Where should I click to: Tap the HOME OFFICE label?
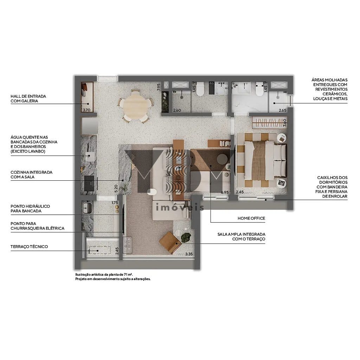pos(251,219)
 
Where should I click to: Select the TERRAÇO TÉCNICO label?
pos(29,247)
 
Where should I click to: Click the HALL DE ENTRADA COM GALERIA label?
pos(28,98)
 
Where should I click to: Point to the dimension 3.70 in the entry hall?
pos(86,110)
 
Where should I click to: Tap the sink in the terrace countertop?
pos(87,207)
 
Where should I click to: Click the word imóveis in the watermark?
pos(179,207)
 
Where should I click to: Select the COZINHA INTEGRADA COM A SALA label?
pos(31,175)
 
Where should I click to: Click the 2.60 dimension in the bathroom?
pos(177,110)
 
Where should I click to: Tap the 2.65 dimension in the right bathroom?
pos(282,110)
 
